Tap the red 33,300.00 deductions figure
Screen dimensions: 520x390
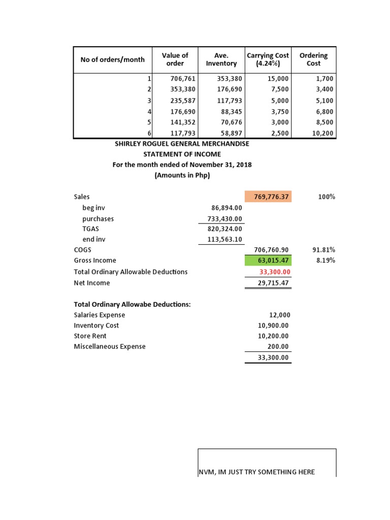click(x=274, y=272)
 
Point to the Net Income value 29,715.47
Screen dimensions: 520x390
click(x=273, y=283)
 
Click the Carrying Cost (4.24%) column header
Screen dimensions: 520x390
click(x=268, y=59)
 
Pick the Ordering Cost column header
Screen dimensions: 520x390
click(x=313, y=59)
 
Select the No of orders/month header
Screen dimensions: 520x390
click(x=112, y=59)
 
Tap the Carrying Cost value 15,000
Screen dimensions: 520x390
click(x=278, y=79)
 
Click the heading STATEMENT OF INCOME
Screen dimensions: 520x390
click(x=182, y=154)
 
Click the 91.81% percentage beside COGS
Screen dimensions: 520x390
click(x=324, y=250)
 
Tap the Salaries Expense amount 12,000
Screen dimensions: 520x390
click(x=279, y=315)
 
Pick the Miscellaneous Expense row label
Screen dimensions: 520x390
click(x=110, y=346)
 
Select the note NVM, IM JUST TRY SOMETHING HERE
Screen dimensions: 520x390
click(x=256, y=472)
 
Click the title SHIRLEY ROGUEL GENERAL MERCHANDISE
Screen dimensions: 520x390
click(x=182, y=144)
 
